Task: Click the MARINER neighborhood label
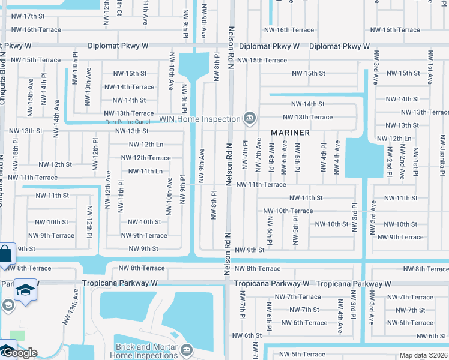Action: coord(289,132)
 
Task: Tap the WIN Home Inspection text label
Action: coord(200,118)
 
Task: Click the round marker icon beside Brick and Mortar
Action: coord(186,349)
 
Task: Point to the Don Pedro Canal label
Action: coord(127,122)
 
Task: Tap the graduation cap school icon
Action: coord(25,291)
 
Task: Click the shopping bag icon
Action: coord(5,254)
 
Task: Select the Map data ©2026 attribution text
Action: coord(423,355)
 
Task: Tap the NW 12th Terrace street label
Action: coord(146,158)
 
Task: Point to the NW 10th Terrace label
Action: coord(288,211)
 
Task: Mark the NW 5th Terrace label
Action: coord(300,355)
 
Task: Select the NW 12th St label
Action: coord(55,164)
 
